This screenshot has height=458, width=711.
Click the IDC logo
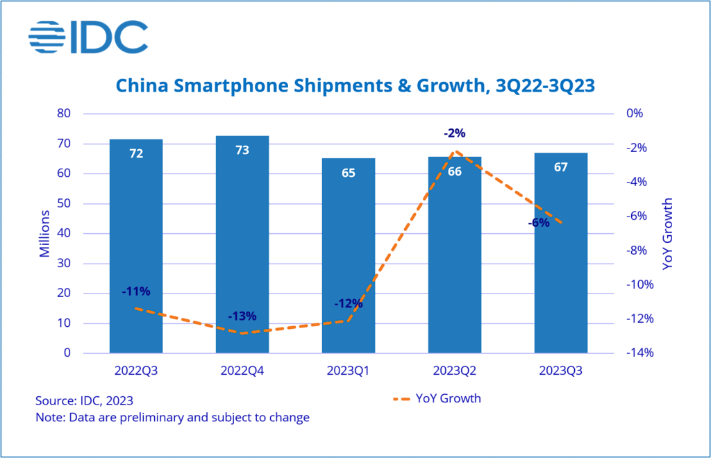(87, 37)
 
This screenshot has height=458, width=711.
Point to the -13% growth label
(242, 316)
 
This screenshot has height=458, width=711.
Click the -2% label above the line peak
(455, 133)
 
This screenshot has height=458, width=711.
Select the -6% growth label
(538, 223)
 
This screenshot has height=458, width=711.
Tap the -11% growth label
(136, 291)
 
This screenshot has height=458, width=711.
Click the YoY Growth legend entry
(437, 398)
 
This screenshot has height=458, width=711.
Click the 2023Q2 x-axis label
(455, 371)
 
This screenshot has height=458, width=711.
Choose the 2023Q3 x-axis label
(561, 371)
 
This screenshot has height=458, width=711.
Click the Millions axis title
(44, 233)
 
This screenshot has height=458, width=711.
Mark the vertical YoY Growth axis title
(668, 233)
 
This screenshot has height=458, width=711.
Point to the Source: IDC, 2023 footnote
(84, 400)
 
